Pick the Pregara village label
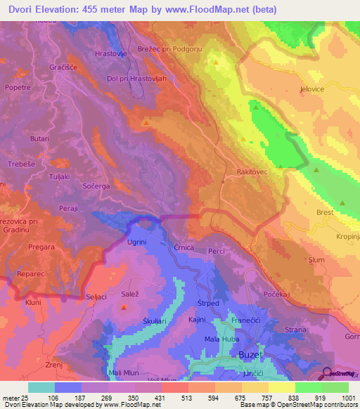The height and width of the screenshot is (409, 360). click(x=41, y=247)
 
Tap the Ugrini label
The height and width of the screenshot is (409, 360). click(x=136, y=242)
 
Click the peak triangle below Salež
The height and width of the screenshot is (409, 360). click(x=124, y=307)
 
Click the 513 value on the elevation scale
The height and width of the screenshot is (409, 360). click(x=178, y=398)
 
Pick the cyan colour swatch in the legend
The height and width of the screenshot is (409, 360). click(x=41, y=387)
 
